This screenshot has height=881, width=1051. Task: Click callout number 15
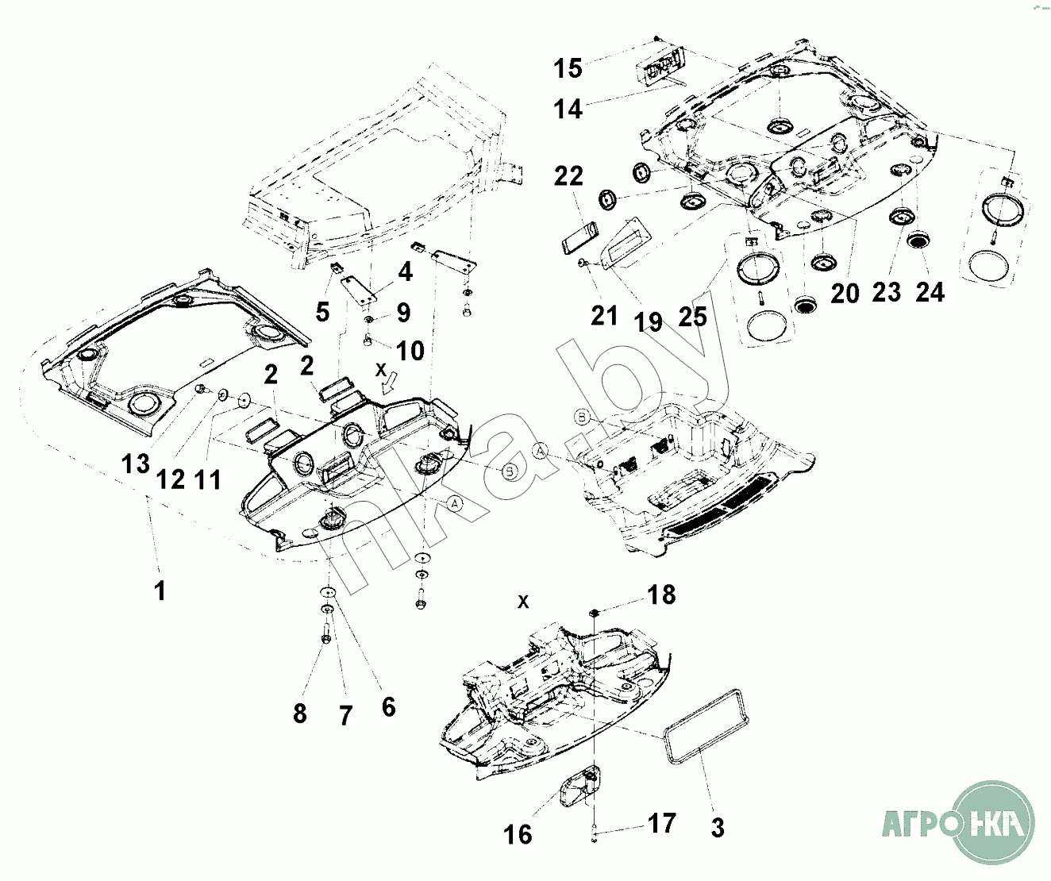568,68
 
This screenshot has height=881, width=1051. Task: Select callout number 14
568,109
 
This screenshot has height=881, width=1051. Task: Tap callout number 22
568,176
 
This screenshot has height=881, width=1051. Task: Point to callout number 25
692,317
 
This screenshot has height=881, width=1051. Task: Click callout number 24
930,292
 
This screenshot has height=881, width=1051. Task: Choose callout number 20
845,293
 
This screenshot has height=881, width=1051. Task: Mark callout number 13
136,464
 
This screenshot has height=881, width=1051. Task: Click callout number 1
160,591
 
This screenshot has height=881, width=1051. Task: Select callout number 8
299,714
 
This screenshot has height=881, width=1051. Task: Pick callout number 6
388,706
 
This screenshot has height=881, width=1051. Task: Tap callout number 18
662,594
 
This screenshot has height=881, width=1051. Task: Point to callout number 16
518,834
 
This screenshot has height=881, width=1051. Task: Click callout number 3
718,828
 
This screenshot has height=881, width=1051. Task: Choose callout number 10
410,350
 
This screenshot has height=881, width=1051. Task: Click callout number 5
321,312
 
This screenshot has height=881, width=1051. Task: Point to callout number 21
604,316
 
